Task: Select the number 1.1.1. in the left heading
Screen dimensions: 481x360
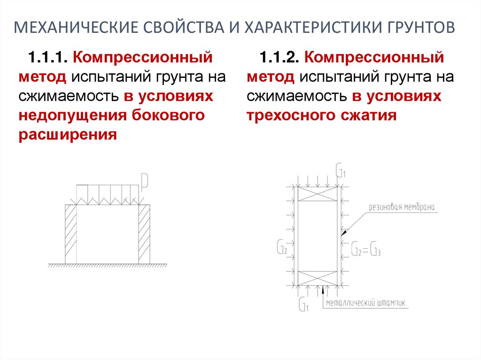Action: (x=48, y=58)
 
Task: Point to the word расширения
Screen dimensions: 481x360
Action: (x=67, y=135)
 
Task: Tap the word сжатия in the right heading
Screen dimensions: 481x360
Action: (x=373, y=115)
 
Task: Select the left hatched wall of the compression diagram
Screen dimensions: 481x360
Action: (x=70, y=234)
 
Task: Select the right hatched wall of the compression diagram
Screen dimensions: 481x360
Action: (x=144, y=234)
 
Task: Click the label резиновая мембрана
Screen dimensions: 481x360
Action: (x=403, y=207)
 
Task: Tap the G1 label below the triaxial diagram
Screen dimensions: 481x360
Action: (x=303, y=305)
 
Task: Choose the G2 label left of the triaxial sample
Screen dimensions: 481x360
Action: (x=281, y=247)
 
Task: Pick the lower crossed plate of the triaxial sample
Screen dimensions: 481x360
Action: (x=318, y=277)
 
